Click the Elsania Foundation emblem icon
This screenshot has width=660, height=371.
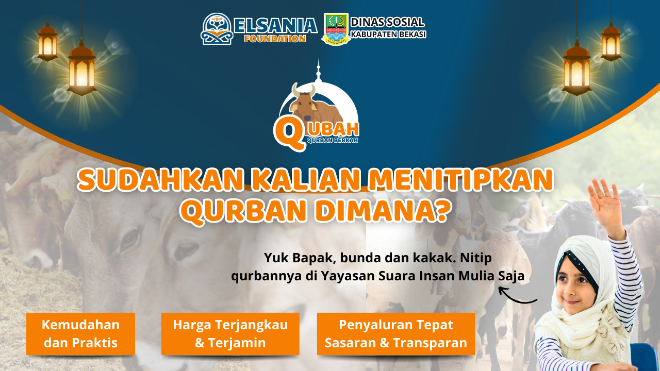tap(217, 29)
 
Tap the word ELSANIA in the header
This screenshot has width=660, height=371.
tap(276, 26)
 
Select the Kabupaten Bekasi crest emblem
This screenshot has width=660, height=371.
tap(336, 29)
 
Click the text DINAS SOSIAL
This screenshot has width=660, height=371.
tap(387, 22)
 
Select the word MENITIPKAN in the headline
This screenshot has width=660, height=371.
tap(460, 180)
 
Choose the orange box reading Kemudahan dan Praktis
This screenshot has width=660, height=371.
tap(81, 334)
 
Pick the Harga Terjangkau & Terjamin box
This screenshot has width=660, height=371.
tap(230, 334)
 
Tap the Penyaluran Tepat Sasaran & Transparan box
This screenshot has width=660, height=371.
tap(396, 334)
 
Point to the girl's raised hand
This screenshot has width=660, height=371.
tap(604, 203)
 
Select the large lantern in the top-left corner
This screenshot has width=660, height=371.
tap(81, 68)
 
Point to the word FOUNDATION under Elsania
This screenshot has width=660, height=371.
tap(275, 39)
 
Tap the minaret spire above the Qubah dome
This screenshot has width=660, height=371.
tap(318, 71)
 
